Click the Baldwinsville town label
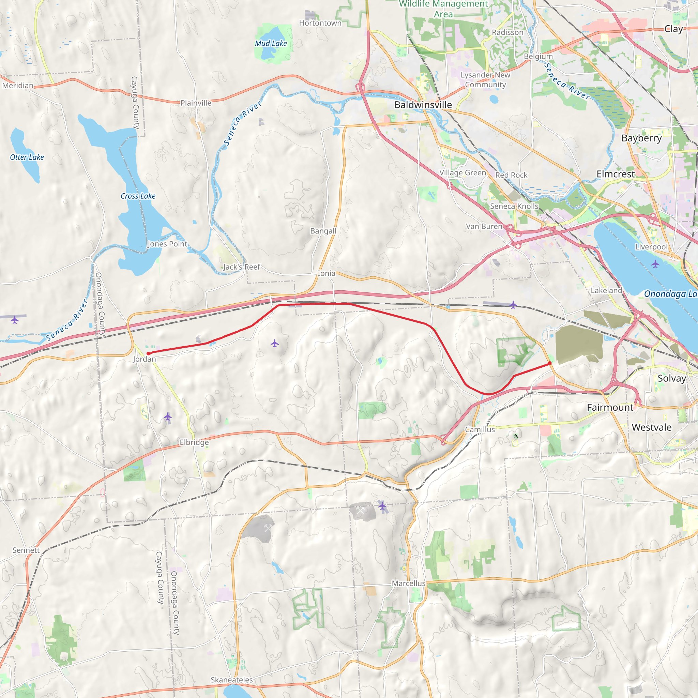click(x=423, y=105)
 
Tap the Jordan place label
click(x=144, y=359)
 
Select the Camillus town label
click(x=480, y=429)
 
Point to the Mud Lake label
click(x=271, y=43)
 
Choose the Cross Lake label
click(x=138, y=196)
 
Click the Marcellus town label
click(x=409, y=583)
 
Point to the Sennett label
click(x=26, y=550)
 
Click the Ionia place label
click(x=326, y=273)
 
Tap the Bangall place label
click(x=323, y=231)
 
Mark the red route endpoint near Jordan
click(x=148, y=353)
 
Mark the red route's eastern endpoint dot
click(x=550, y=363)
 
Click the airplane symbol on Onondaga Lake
click(x=655, y=264)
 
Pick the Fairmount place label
click(x=610, y=407)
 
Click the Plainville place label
click(x=196, y=103)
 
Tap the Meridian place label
click(x=18, y=85)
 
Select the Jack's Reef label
click(x=241, y=267)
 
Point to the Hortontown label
click(x=320, y=23)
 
